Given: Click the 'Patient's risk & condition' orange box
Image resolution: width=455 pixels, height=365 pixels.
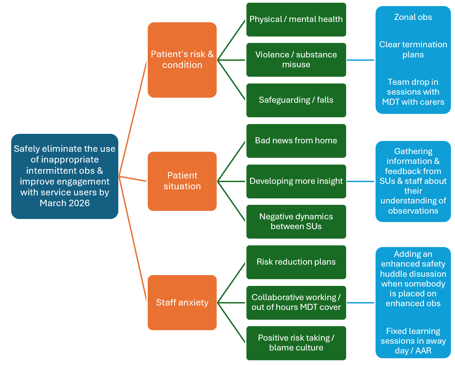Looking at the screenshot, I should point(182,60).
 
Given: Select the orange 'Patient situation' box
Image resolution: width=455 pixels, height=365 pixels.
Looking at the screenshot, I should point(182,181).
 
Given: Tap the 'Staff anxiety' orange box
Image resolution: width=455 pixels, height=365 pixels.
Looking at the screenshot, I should point(182,302).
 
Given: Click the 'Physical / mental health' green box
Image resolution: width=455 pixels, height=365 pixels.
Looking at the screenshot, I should point(296,20).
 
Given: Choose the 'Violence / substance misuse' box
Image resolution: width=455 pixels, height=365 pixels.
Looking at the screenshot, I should point(296,60).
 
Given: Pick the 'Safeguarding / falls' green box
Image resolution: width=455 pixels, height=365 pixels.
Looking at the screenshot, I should point(296,100).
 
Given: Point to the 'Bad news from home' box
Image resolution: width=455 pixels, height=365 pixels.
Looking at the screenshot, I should point(296,141).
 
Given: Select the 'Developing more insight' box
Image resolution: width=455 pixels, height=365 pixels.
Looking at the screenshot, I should point(296,181).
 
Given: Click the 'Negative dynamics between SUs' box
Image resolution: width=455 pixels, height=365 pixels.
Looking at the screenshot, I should point(296,222).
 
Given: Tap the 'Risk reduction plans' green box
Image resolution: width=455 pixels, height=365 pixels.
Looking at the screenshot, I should point(296,262).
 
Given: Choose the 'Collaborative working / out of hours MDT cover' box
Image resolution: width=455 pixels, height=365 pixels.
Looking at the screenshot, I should point(296,302).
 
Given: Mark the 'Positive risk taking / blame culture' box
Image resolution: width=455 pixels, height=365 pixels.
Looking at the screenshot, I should point(296,343).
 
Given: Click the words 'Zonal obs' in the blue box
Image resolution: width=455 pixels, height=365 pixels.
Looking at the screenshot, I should point(413,17).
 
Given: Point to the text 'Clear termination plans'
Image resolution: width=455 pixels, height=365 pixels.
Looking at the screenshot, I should point(413,50).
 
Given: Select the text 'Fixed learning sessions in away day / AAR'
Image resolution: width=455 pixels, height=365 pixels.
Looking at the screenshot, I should point(413,341).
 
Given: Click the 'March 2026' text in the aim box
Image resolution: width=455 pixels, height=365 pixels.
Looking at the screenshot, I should point(65,203).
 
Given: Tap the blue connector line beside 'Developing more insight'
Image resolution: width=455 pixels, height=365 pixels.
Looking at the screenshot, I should point(361,181).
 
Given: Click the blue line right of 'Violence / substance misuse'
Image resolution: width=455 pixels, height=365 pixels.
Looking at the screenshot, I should point(361,60).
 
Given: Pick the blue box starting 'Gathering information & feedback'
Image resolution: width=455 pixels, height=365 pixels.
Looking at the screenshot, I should point(413,181).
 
